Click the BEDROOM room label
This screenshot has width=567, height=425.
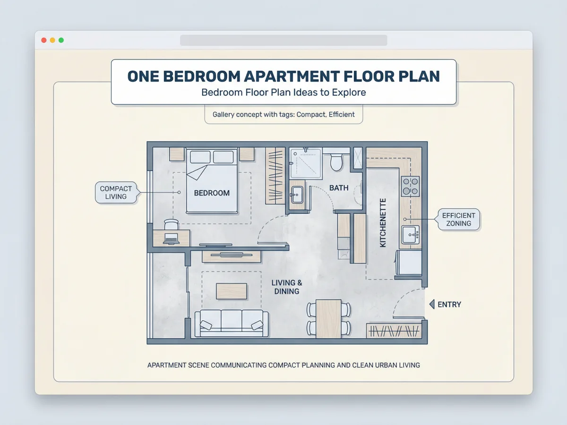pyautogui.click(x=212, y=193)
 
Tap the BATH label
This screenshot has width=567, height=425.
pyautogui.click(x=339, y=188)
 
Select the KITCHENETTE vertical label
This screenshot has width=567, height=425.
pyautogui.click(x=383, y=223)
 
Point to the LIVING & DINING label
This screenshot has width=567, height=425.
pyautogui.click(x=287, y=287)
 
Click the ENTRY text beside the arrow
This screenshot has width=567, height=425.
pyautogui.click(x=449, y=305)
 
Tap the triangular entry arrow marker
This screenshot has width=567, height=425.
pyautogui.click(x=432, y=305)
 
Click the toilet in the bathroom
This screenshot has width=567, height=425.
pyautogui.click(x=336, y=162)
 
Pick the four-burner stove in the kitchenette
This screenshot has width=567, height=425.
pyautogui.click(x=410, y=187)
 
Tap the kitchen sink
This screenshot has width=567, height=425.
pyautogui.click(x=410, y=235)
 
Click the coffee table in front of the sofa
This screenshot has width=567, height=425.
pyautogui.click(x=232, y=291)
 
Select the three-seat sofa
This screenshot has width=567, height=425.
pyautogui.click(x=232, y=323)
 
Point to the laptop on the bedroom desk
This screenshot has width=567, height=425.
pyautogui.click(x=171, y=238)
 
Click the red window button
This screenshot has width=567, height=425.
pyautogui.click(x=44, y=40)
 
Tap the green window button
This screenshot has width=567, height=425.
pyautogui.click(x=61, y=40)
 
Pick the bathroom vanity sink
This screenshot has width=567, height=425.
pyautogui.click(x=297, y=195)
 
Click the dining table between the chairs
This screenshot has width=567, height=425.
pyautogui.click(x=328, y=319)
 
